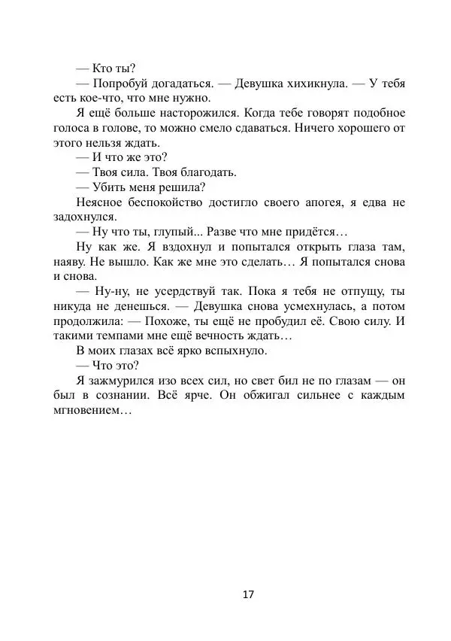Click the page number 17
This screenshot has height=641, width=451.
249,594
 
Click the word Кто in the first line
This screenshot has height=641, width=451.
103,68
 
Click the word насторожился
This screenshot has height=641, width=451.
198,113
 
